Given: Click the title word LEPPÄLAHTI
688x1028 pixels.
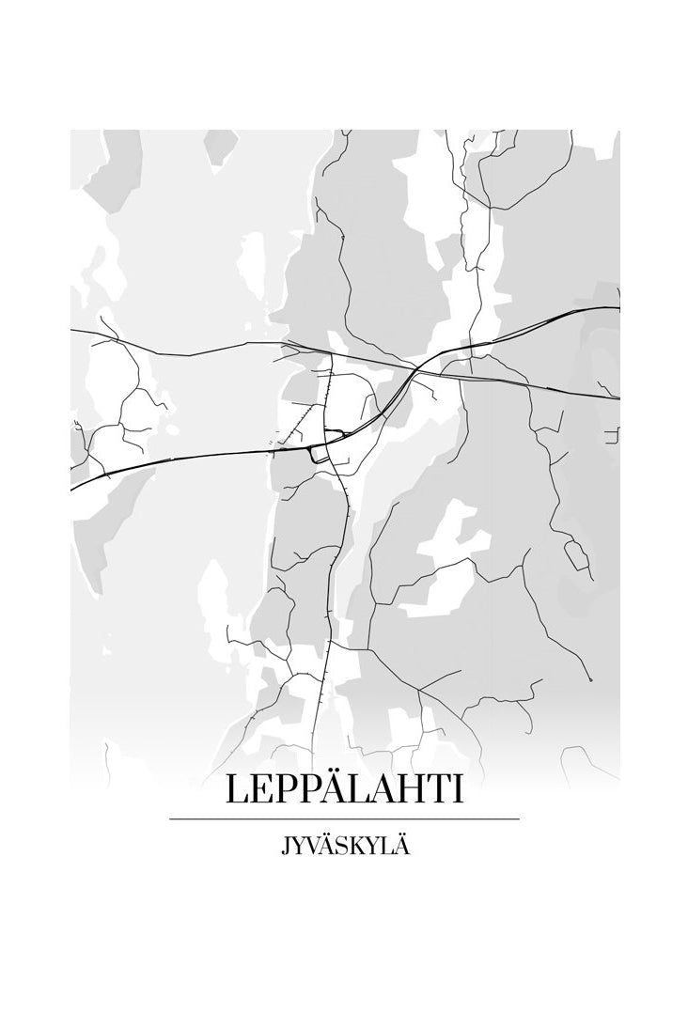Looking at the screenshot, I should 344,790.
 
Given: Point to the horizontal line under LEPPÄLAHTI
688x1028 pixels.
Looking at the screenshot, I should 344,819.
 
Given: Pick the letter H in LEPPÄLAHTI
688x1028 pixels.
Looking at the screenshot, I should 409,790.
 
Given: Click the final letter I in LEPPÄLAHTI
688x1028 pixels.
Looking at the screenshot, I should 457,790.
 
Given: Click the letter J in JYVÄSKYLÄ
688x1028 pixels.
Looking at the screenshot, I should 283,847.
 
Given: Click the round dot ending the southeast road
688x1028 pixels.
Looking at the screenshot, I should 589,678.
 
